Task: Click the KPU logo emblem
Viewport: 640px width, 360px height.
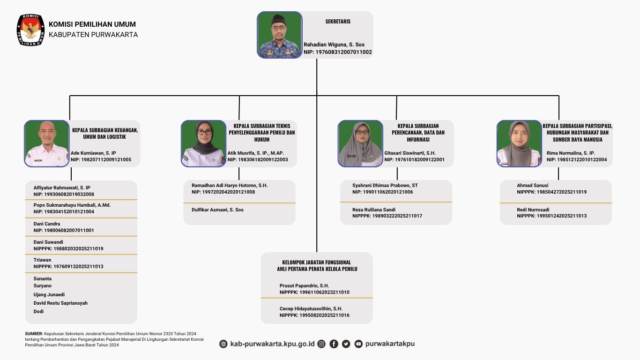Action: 30,30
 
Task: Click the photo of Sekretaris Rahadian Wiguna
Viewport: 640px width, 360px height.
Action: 279,35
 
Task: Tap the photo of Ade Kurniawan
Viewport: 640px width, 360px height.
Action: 47,143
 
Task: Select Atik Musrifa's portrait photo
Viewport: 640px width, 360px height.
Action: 203,143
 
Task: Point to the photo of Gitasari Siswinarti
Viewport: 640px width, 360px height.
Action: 360,143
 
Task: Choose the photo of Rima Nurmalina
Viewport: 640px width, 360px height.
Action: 519,143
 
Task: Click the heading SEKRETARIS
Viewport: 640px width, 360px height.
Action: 338,22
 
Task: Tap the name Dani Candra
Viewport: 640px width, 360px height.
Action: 46,224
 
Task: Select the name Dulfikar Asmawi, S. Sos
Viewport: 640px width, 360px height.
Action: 217,210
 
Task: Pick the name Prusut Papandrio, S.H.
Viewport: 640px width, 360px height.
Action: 304,285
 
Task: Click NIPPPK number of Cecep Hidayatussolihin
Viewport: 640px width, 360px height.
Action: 314,315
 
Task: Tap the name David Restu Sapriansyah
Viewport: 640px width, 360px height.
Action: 60,303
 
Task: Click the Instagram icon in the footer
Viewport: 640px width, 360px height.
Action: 321,344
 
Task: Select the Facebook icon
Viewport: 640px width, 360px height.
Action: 334,344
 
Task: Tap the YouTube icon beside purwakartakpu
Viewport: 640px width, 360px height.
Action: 358,344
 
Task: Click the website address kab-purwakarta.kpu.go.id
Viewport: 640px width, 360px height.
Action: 272,344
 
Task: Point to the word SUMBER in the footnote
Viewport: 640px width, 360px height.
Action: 34,334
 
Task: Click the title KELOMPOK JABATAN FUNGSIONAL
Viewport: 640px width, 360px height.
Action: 317,262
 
